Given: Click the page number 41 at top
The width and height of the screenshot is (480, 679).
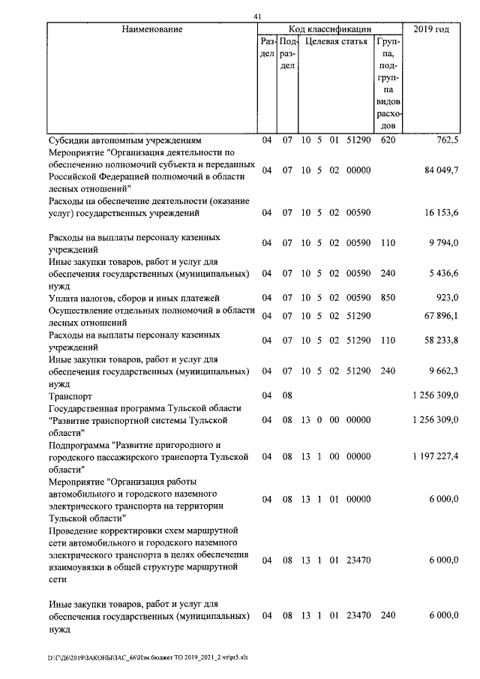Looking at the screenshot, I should pos(257,17).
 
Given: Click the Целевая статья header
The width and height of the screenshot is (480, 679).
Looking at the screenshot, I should pos(334,44).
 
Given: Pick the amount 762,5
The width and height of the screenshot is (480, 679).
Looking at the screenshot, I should pos(446,140).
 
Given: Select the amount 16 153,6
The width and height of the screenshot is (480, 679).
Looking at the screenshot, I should pos(441,213).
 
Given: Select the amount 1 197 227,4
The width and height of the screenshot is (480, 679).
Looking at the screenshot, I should pos(436,455).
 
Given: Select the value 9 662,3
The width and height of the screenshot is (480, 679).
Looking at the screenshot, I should pos(443,371).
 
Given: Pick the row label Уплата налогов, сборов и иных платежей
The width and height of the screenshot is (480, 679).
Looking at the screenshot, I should pos(133,299).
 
